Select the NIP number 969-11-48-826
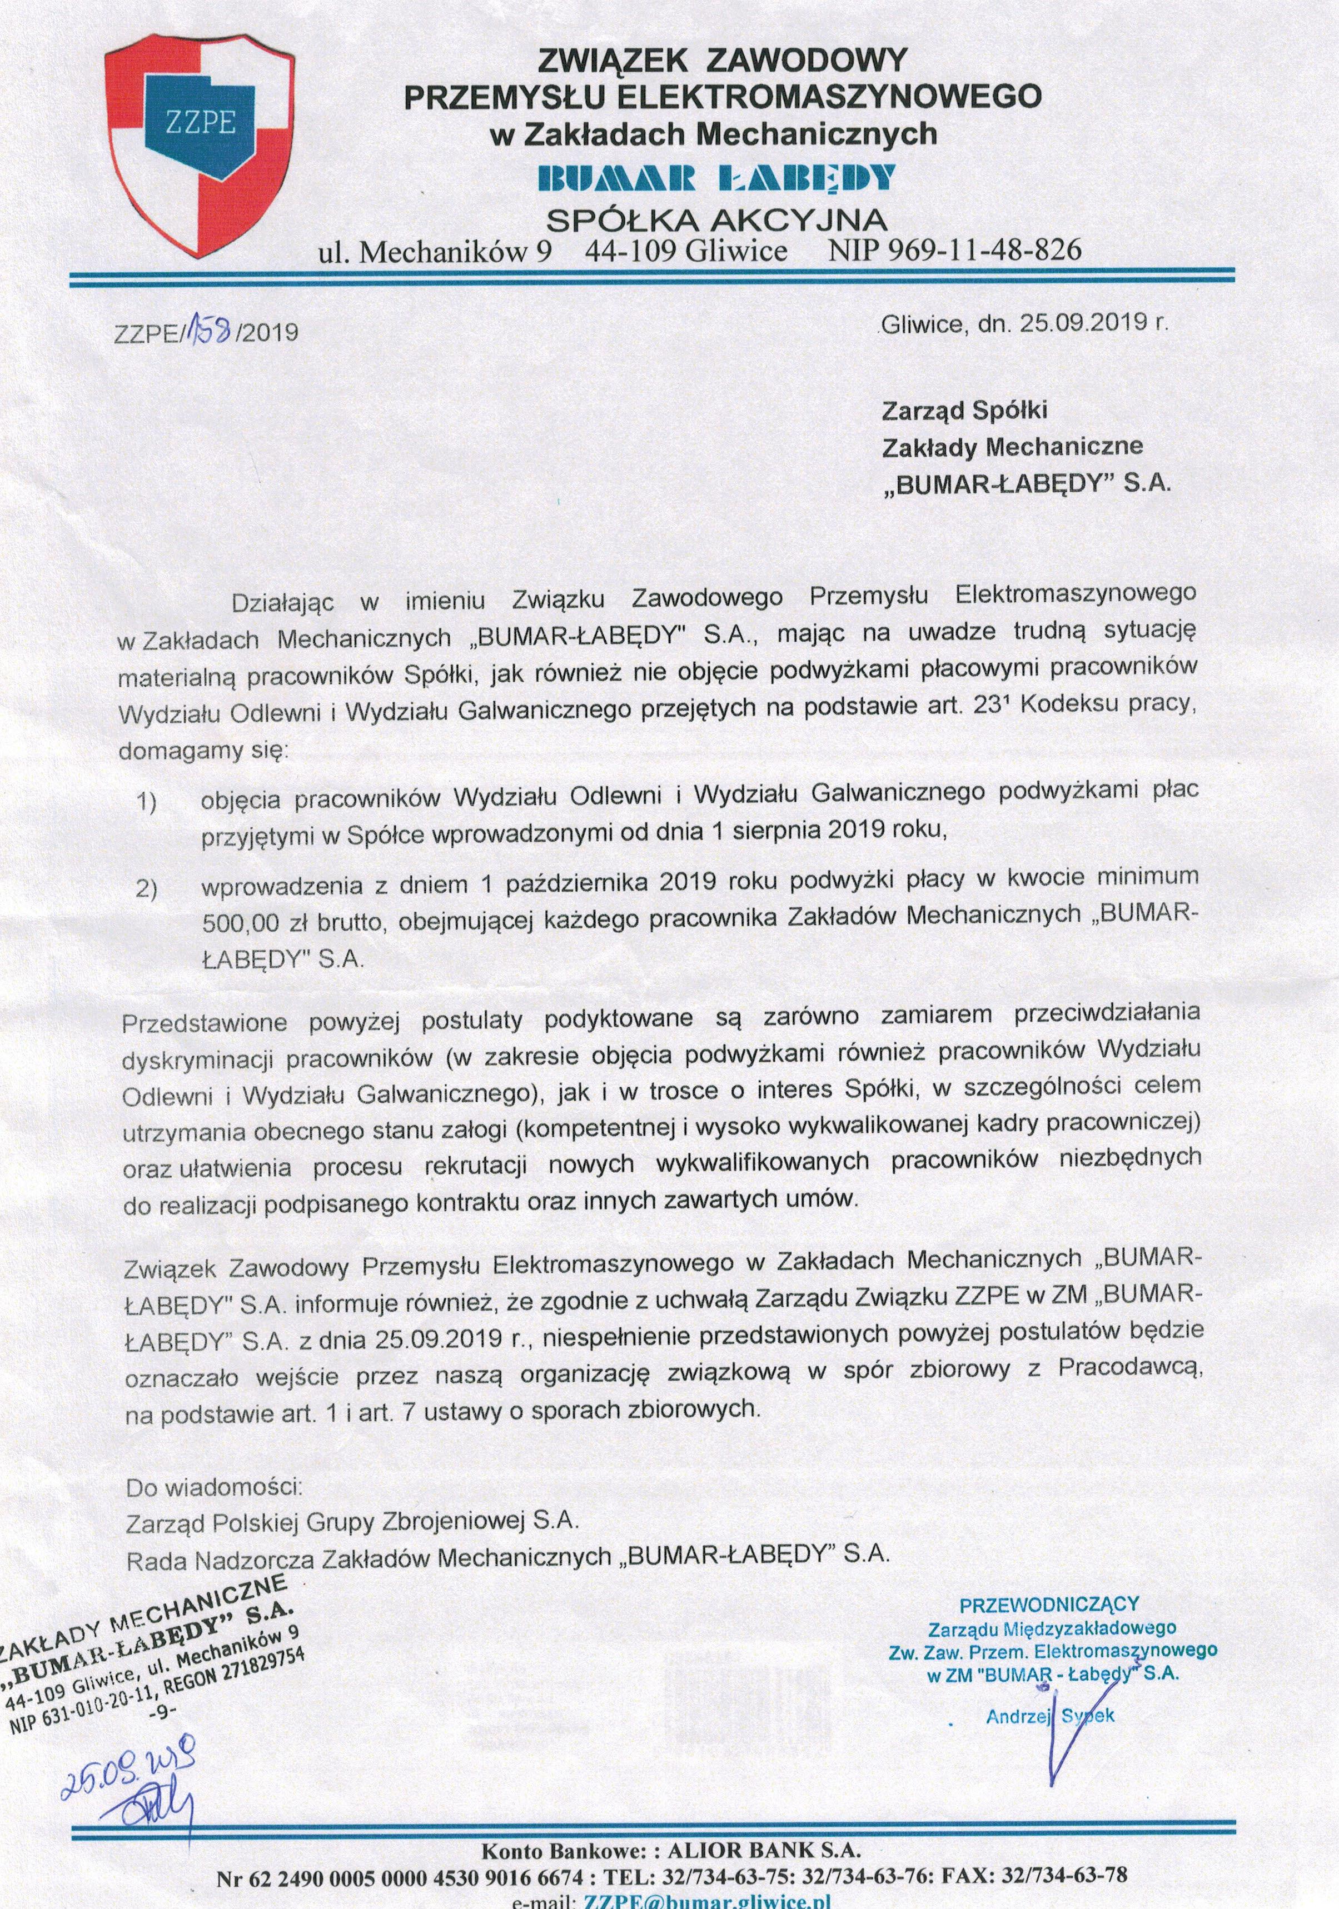(955, 250)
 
